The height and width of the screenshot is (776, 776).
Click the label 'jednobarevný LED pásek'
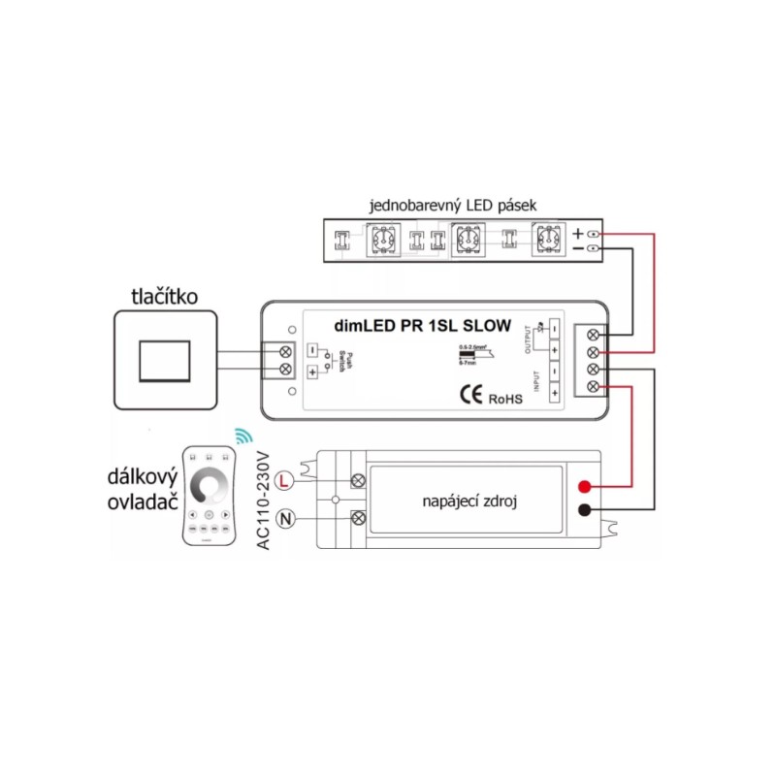453,206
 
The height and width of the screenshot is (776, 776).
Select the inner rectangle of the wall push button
165,361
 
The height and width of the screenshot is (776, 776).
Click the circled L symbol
284,479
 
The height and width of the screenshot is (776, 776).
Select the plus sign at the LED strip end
578,235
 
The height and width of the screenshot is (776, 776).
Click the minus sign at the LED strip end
578,249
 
